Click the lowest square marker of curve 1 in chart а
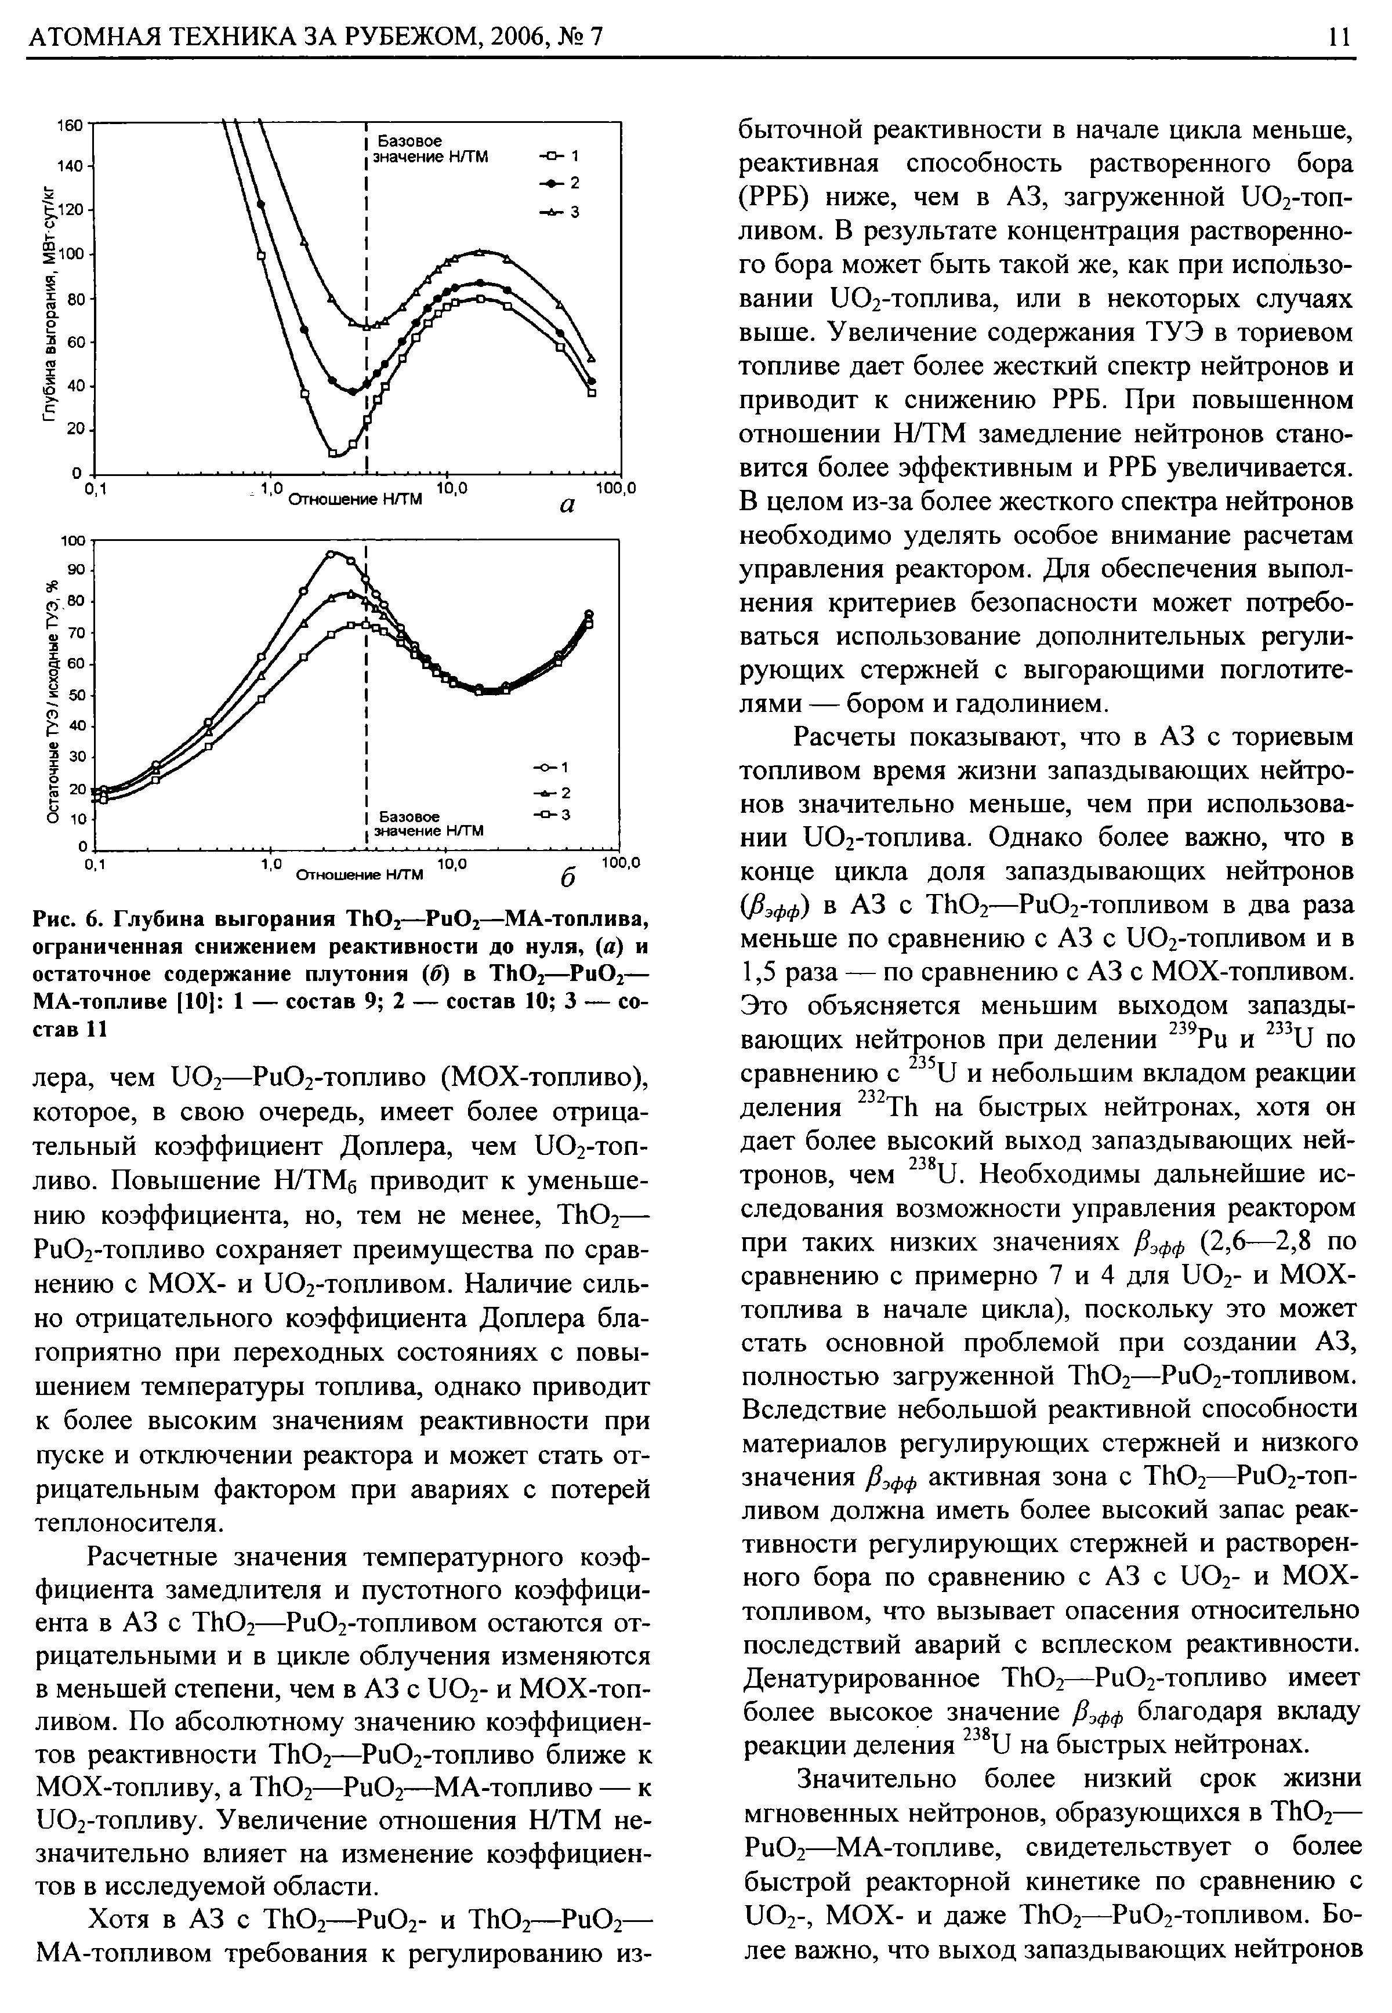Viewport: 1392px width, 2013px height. pyautogui.click(x=333, y=452)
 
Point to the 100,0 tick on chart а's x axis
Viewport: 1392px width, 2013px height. pyautogui.click(x=616, y=490)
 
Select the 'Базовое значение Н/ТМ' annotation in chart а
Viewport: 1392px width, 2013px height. pyautogui.click(x=429, y=148)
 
